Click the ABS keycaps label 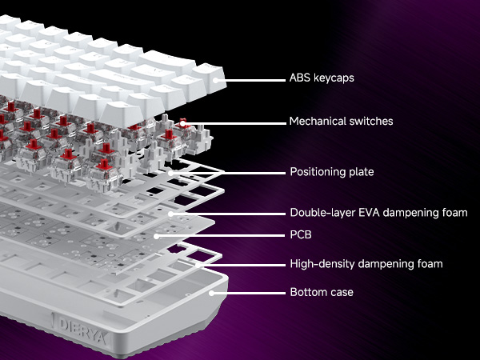pyautogui.click(x=322, y=80)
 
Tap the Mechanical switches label pyautogui.click(x=340, y=122)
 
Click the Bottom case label pyautogui.click(x=321, y=293)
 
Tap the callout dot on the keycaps pyautogui.click(x=217, y=80)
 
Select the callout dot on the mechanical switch pyautogui.click(x=183, y=122)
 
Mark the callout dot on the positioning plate pyautogui.click(x=171, y=172)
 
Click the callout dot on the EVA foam pyautogui.click(x=171, y=214)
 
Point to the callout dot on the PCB pyautogui.click(x=158, y=236)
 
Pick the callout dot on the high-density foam pyautogui.click(x=198, y=263)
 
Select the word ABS pyautogui.click(x=300, y=80)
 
